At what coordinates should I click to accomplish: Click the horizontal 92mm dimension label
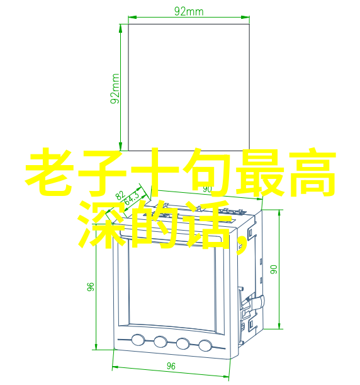point(189,11)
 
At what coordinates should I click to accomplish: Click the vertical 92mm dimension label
point(115,89)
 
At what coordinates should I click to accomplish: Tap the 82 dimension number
point(120,195)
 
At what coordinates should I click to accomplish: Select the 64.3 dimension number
point(132,198)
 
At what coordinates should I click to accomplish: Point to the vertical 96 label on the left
point(91,287)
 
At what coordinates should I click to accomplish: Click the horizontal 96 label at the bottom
point(171,366)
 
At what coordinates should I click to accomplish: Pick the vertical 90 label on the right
point(274,269)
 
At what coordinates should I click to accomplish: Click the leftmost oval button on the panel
point(138,340)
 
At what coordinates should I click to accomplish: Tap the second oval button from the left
point(160,342)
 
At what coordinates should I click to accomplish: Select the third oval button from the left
point(183,343)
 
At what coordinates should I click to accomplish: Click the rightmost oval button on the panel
point(205,345)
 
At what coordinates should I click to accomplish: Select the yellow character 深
point(102,225)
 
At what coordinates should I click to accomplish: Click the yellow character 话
point(208,225)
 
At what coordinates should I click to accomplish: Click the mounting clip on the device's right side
point(256,302)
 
